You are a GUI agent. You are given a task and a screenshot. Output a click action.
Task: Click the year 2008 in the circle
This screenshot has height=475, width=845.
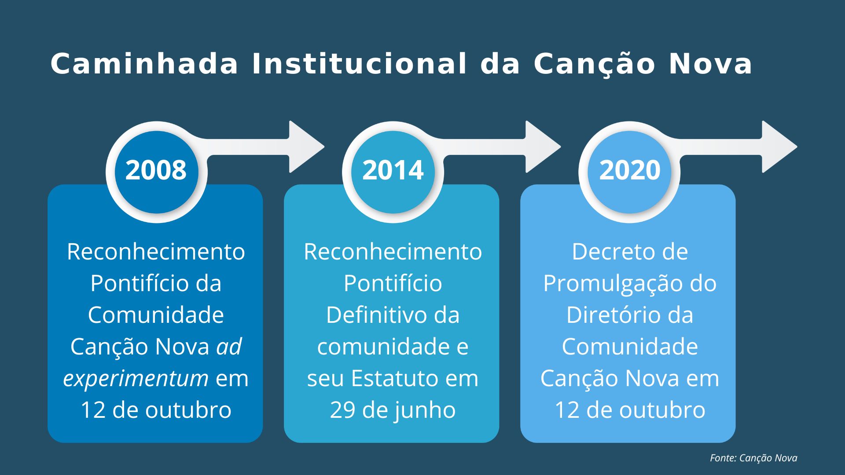tap(156, 170)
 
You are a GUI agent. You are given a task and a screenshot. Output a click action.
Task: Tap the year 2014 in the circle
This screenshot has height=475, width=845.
tap(393, 170)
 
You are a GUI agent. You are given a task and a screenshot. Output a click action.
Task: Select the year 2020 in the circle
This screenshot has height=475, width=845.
tap(629, 170)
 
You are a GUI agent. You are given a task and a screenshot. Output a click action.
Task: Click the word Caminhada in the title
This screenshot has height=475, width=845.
tap(144, 64)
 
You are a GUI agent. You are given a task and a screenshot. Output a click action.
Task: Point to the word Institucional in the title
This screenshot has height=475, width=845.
tap(359, 64)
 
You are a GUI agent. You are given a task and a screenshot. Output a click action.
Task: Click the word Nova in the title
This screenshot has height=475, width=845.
tap(710, 64)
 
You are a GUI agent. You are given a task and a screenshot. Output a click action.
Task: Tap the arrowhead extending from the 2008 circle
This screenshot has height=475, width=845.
tap(305, 146)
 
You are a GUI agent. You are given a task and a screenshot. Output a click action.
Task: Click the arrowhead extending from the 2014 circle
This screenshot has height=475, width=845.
tap(542, 146)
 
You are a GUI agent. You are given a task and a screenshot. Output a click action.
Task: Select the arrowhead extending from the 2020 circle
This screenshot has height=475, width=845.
tap(779, 146)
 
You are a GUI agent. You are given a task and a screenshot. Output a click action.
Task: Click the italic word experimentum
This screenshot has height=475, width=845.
tap(136, 379)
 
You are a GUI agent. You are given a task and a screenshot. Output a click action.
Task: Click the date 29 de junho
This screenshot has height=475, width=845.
tap(393, 410)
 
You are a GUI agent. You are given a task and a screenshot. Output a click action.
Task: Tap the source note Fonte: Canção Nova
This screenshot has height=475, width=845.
tap(753, 458)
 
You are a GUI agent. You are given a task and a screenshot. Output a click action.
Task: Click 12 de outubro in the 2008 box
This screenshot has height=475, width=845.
tap(156, 410)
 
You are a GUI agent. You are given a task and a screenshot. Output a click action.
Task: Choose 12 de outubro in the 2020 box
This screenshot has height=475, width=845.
tap(629, 410)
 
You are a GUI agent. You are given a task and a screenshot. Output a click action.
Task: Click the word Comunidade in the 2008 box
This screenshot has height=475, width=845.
tap(156, 315)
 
